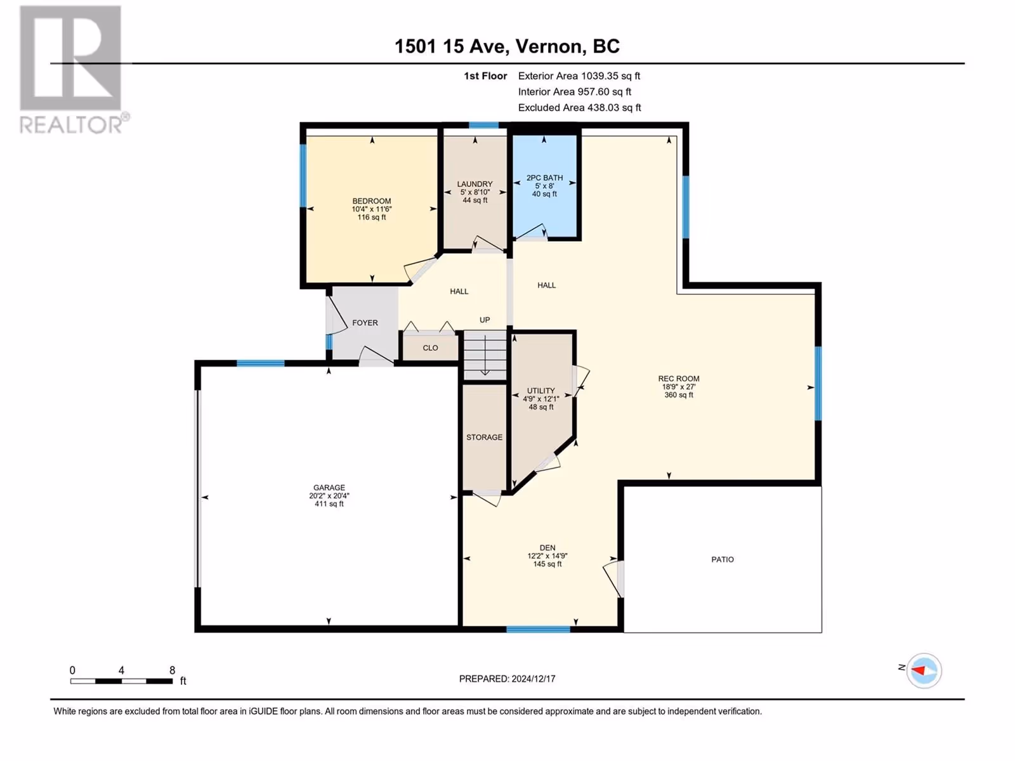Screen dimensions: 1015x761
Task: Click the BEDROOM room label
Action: tap(371, 201)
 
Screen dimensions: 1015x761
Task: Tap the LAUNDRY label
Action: tap(475, 184)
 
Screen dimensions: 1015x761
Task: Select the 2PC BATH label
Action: tap(544, 178)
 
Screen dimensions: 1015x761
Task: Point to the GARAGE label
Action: tap(329, 488)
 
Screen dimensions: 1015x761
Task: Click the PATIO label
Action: tap(723, 559)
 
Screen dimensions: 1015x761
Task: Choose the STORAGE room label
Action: tap(484, 437)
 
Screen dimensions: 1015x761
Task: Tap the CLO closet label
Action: tap(430, 348)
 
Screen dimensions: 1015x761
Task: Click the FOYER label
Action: tap(365, 323)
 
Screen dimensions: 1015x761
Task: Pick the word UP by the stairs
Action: tap(485, 320)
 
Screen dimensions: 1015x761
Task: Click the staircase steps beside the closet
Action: tap(485, 354)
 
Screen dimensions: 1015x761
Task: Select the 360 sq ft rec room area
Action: tap(678, 395)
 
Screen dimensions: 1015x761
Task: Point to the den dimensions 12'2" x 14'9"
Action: tap(547, 556)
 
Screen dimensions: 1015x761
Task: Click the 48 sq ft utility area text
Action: tap(541, 407)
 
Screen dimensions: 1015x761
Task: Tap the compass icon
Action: tap(924, 670)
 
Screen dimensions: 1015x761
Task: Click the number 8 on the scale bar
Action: tap(172, 670)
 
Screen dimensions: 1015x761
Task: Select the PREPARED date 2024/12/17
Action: tap(533, 679)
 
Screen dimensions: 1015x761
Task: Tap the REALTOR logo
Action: tap(74, 70)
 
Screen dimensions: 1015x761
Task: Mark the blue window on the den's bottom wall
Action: tap(538, 629)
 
